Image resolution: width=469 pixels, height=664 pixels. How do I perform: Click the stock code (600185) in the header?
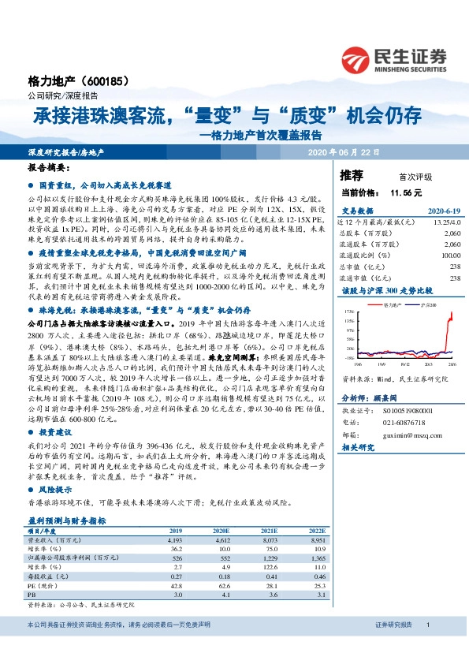point(103,81)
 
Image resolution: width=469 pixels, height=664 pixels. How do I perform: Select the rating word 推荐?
point(352,175)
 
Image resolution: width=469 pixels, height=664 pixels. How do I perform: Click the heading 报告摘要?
point(47,168)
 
